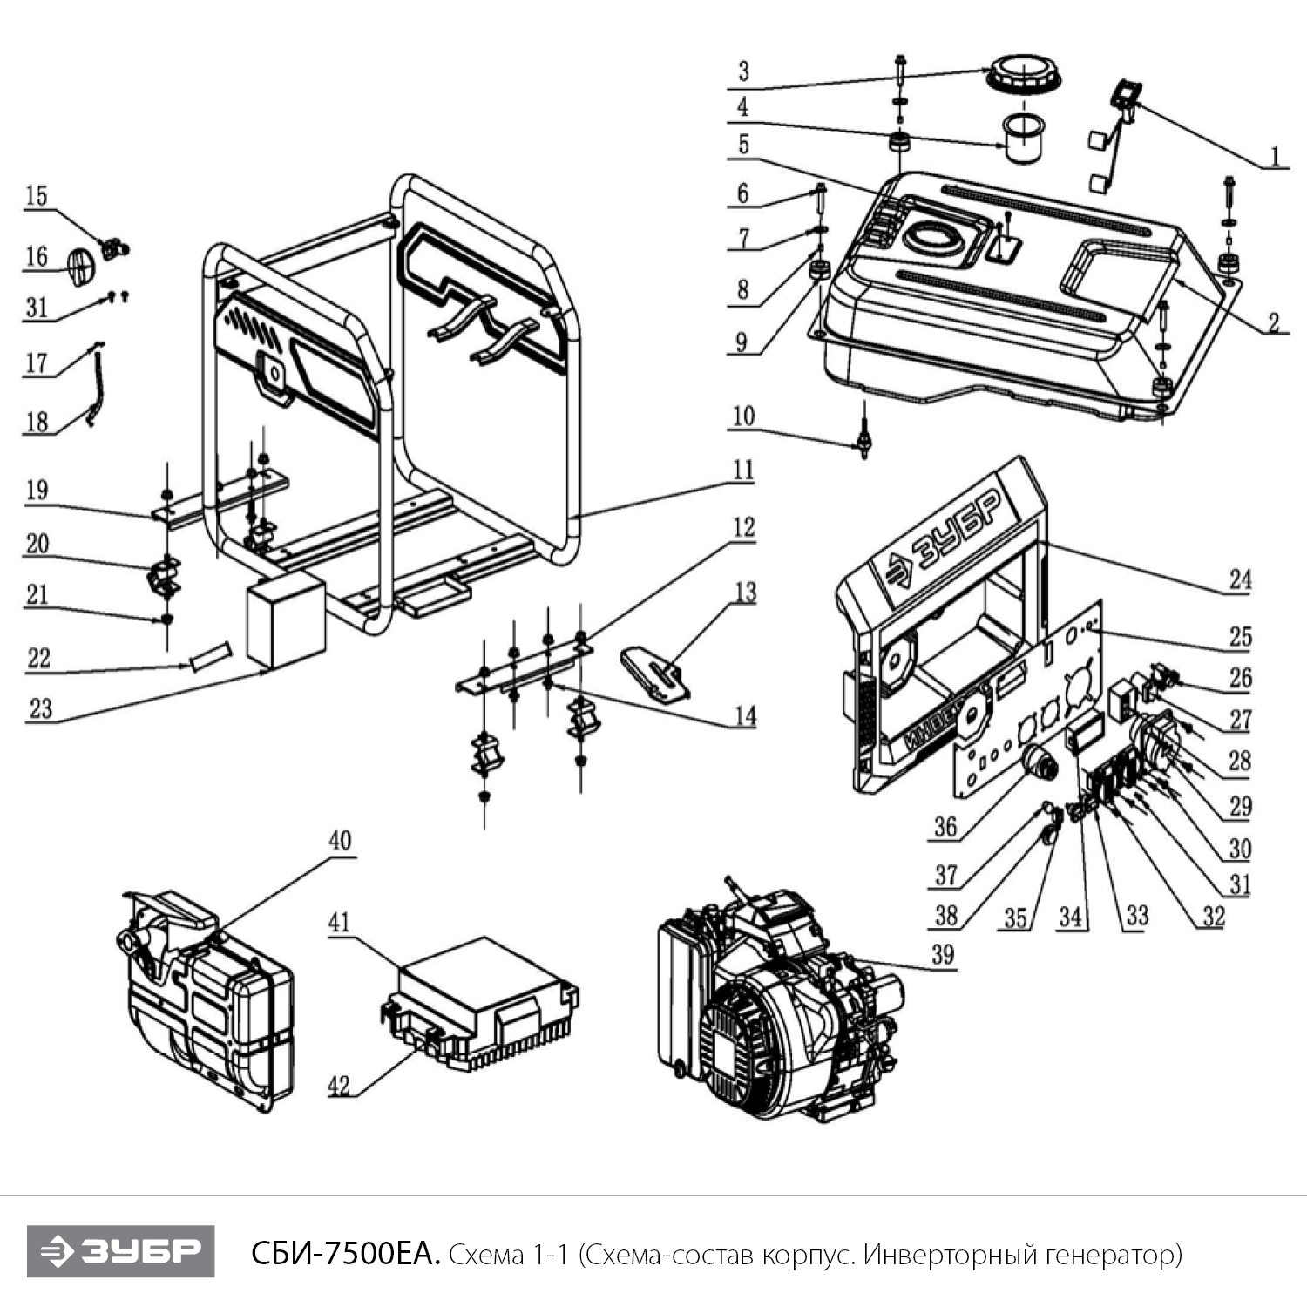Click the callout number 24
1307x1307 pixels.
click(x=1240, y=579)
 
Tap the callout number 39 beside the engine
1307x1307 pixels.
click(x=943, y=954)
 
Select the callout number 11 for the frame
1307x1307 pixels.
click(x=742, y=471)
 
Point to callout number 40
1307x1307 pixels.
click(x=340, y=841)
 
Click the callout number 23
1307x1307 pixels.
click(x=40, y=708)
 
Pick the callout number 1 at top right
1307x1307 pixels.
click(x=1275, y=157)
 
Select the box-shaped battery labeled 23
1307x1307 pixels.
click(x=286, y=620)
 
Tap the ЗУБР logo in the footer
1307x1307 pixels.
click(x=120, y=1251)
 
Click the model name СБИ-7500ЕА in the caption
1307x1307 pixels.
click(x=345, y=1254)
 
